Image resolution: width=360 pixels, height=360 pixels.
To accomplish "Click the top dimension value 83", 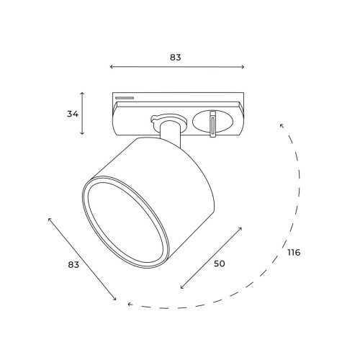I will click(x=176, y=57).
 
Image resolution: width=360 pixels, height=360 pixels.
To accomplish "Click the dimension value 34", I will click(x=72, y=114).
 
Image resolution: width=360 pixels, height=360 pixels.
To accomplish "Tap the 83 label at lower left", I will click(x=73, y=264).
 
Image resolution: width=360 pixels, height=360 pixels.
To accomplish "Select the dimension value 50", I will click(x=219, y=264).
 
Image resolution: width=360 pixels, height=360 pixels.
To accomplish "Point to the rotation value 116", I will click(x=293, y=253).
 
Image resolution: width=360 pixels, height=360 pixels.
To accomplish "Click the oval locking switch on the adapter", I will click(x=213, y=122).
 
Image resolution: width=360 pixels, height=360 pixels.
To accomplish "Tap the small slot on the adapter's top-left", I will click(x=125, y=96).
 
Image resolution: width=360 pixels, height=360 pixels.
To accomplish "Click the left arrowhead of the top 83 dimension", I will click(x=112, y=67).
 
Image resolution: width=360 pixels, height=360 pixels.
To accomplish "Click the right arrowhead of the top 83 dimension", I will click(x=243, y=67).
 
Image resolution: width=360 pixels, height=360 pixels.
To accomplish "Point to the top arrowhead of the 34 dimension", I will click(x=83, y=94).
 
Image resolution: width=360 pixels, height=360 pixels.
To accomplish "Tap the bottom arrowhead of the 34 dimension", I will click(x=83, y=134).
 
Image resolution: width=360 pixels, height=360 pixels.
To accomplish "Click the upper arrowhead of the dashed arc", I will click(x=282, y=125).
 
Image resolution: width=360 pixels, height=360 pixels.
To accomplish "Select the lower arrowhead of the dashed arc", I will click(x=130, y=305).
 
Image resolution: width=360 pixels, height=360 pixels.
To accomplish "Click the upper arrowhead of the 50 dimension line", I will click(x=240, y=229).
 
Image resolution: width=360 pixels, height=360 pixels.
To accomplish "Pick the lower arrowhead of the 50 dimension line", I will click(x=181, y=288).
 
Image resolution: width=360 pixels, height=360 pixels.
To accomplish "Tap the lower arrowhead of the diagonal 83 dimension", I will click(x=114, y=299).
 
